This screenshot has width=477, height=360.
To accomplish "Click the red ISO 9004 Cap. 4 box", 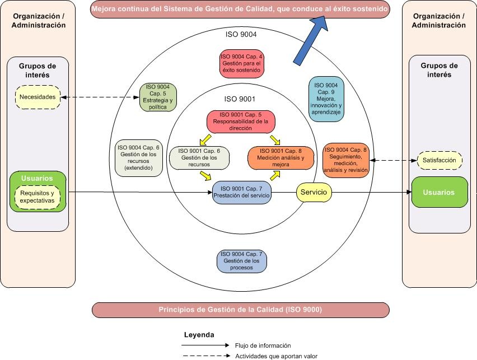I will pos(241,63).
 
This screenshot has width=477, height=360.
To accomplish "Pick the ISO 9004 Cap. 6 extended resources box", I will pos(138,157).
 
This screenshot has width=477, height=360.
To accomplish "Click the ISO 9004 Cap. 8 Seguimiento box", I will pos(346,160).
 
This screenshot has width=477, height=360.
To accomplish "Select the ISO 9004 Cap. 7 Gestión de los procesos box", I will pos(242,261).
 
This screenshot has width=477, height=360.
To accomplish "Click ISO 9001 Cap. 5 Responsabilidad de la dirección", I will pos(241,121).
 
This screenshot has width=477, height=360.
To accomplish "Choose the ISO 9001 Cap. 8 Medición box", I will pos(280,158).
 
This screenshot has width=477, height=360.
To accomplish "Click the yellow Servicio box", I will pos(314,192).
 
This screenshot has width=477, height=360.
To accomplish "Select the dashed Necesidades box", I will pos(38,97).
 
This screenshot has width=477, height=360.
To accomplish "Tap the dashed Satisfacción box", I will pos(439,161).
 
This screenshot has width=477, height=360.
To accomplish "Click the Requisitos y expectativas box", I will pos(38,197).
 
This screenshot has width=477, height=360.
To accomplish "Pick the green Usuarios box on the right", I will pos(439,193).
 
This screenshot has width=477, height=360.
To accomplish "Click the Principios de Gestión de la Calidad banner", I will pos(240,309).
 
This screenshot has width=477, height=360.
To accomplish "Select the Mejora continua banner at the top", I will pos(240,10).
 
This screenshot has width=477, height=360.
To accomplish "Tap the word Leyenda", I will pos(199,335).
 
